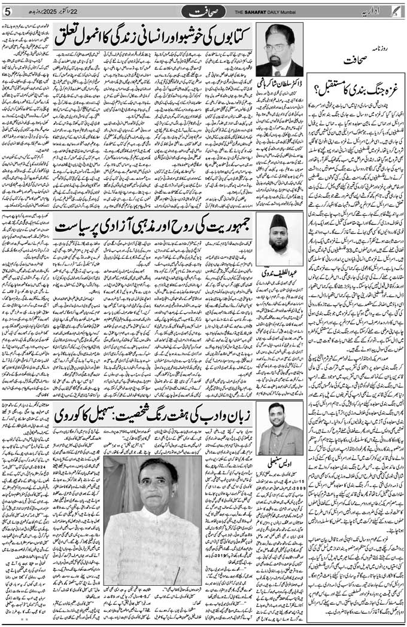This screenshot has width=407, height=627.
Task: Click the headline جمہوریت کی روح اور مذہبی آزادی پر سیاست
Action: pos(152,228)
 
